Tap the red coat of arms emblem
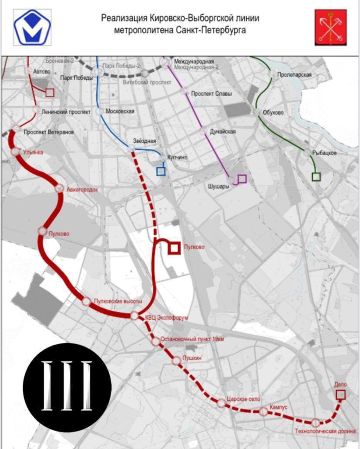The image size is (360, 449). [x=331, y=27]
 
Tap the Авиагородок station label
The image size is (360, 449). [x=83, y=189]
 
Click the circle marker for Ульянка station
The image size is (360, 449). [x=16, y=151]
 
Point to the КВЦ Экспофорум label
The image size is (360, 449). [x=166, y=318]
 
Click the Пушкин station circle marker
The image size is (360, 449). [x=176, y=361]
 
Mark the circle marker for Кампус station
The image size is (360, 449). [x=263, y=412]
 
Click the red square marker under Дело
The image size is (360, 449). [x=340, y=395]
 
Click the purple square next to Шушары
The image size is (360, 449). [x=242, y=178]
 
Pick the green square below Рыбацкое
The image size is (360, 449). [x=316, y=177]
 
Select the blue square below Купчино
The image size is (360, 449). [x=161, y=171]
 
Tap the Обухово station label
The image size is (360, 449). [x=273, y=112]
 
